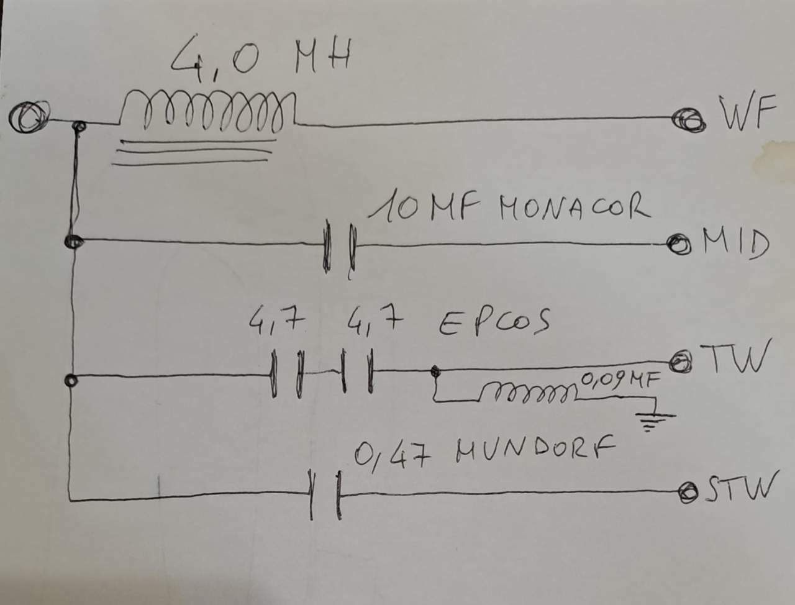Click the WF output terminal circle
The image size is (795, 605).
pos(689,121)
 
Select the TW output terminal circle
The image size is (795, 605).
pos(680,362)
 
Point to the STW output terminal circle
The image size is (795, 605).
pos(688,493)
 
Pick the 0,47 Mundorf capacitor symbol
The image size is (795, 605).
pos(325,494)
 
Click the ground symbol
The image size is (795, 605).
pos(654,421)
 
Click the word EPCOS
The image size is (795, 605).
pos(494,322)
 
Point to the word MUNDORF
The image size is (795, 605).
pos(535,449)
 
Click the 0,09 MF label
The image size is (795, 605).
pos(620,380)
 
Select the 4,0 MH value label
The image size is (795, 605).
pos(261,58)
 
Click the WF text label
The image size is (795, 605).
pos(747,112)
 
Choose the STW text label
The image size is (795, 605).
pos(741,487)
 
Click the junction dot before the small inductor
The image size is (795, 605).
pos(435,370)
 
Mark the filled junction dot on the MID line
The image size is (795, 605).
pos(73,241)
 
